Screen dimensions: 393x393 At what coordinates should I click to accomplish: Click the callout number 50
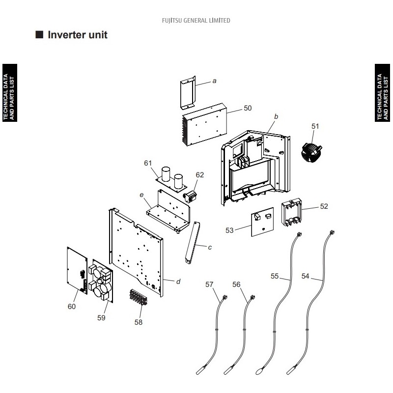pyautogui.click(x=248, y=108)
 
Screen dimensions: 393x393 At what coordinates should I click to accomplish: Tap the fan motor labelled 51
pyautogui.click(x=311, y=152)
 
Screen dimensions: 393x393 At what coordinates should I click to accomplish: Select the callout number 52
pyautogui.click(x=324, y=206)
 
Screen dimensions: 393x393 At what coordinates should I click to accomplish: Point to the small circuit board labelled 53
pyautogui.click(x=262, y=222)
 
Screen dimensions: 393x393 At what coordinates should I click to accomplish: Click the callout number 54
pyautogui.click(x=305, y=276)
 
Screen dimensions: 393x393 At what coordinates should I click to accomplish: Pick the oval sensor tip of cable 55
pyautogui.click(x=259, y=371)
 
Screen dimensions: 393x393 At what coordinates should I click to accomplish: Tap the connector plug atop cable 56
pyautogui.click(x=253, y=298)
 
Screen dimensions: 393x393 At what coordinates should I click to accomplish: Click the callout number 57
pyautogui.click(x=209, y=284)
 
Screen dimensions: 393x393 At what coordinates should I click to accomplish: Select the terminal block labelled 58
pyautogui.click(x=139, y=298)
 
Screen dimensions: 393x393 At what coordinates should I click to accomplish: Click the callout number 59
pyautogui.click(x=101, y=318)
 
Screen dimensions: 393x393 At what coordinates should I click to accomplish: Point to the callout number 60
pyautogui.click(x=72, y=307)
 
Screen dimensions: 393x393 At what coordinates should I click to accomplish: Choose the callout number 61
pyautogui.click(x=148, y=163)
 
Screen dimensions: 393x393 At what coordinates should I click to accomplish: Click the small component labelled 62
pyautogui.click(x=190, y=196)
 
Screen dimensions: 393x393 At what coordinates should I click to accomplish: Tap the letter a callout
pyautogui.click(x=214, y=81)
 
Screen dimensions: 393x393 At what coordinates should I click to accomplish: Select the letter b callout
pyautogui.click(x=276, y=116)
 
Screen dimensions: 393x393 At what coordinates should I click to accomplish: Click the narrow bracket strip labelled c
pyautogui.click(x=193, y=242)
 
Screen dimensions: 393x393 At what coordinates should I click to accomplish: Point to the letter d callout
pyautogui.click(x=178, y=281)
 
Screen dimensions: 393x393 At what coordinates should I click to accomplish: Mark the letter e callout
pyautogui.click(x=141, y=195)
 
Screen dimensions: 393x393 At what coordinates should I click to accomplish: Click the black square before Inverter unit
pyautogui.click(x=39, y=34)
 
